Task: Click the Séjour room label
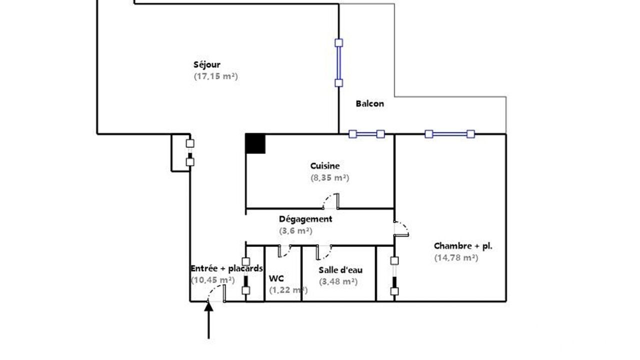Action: point(207,65)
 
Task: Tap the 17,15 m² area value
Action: point(215,76)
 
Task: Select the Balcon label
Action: point(369,103)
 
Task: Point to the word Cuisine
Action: point(325,166)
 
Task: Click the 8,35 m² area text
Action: point(329,178)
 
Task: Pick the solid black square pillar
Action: point(255,143)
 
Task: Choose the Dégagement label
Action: point(305,219)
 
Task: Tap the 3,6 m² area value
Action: point(295,231)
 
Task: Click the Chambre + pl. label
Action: point(463,246)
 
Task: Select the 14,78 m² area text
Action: point(456,258)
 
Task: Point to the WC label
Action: point(276,278)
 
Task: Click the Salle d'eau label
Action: point(340,270)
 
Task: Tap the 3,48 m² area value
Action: point(338,282)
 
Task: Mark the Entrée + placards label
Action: point(226,268)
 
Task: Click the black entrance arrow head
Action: point(208,306)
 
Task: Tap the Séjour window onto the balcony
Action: point(339,63)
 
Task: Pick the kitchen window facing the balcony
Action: point(367,134)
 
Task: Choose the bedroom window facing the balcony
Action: point(449,134)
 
